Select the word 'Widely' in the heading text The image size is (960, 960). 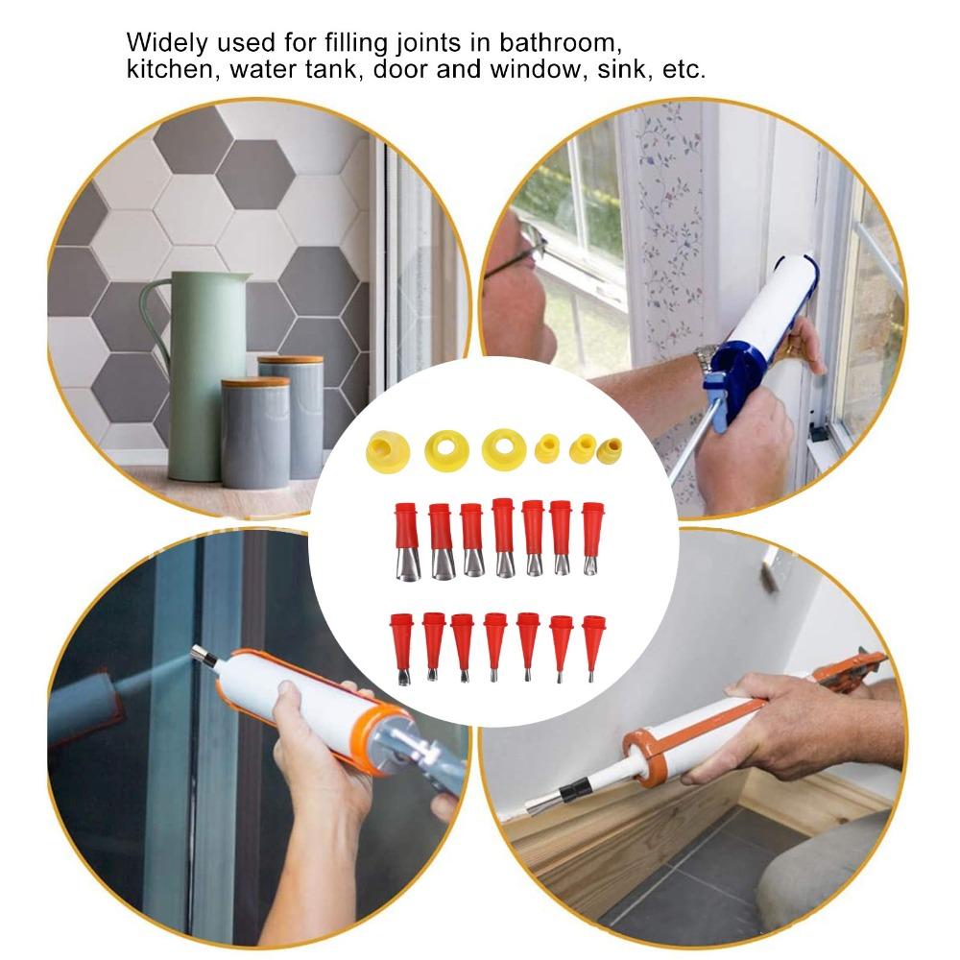(160, 43)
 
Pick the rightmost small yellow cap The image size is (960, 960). (610, 447)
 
